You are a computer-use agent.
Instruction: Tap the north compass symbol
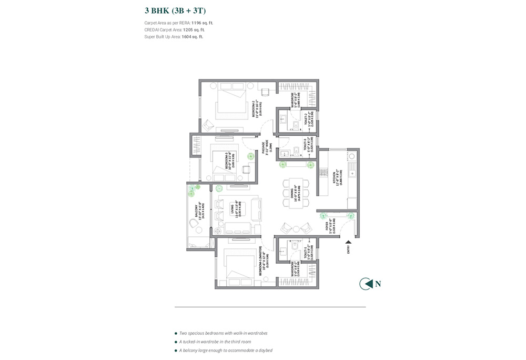365,284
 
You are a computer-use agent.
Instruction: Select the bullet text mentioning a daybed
226,350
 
